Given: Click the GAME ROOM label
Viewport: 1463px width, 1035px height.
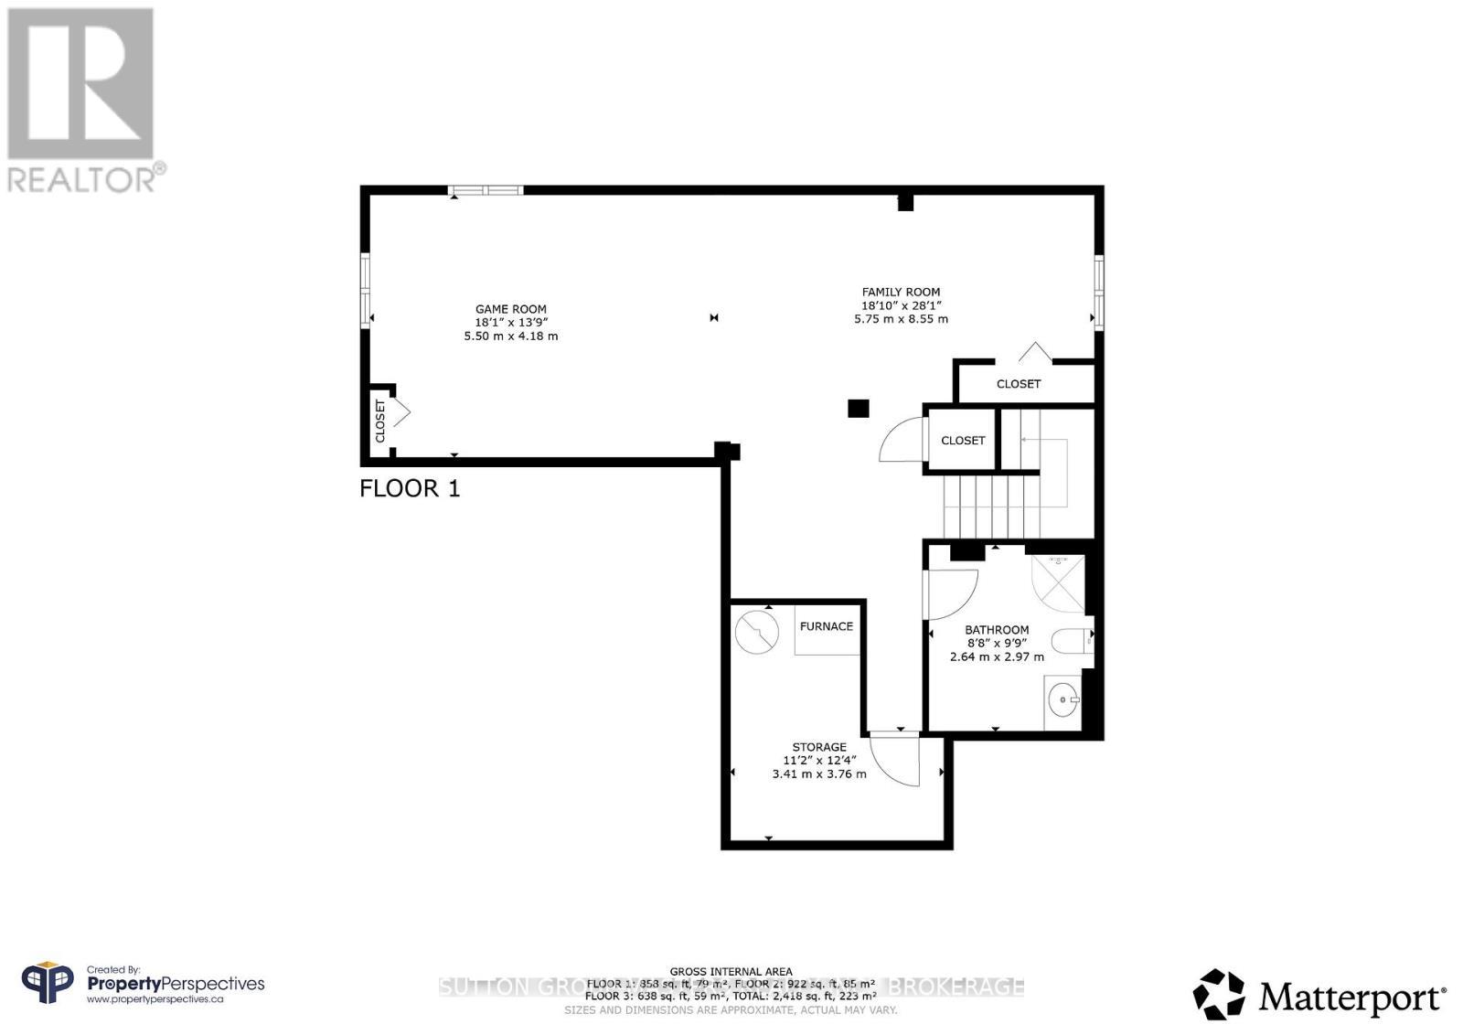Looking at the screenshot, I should point(510,309).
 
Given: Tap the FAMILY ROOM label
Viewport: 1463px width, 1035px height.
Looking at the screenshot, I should point(901,292).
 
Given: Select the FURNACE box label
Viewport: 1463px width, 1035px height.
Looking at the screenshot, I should point(826,626).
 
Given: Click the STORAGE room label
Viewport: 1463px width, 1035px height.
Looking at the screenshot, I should point(819,747).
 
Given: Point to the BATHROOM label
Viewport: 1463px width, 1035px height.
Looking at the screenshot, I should point(997,630).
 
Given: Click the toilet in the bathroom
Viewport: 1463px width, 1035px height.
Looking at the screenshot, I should point(1071,640).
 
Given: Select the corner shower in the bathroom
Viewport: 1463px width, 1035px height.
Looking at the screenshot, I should point(1059,583).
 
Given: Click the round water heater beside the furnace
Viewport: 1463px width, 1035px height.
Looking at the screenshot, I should point(756,632).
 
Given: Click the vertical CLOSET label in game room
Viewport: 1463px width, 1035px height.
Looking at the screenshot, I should point(380,421).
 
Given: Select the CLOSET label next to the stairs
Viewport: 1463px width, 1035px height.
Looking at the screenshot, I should point(963,440).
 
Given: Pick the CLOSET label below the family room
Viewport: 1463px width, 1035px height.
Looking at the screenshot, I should point(1018,383).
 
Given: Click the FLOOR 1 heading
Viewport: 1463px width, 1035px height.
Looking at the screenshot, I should point(410,488).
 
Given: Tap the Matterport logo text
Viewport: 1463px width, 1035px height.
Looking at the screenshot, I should point(1352,997).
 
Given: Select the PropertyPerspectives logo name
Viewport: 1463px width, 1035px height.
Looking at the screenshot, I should point(176,984).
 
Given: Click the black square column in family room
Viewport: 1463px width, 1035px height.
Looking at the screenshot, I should point(858,409).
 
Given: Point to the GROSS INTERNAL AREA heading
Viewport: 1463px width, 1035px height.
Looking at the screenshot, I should point(731,972).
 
